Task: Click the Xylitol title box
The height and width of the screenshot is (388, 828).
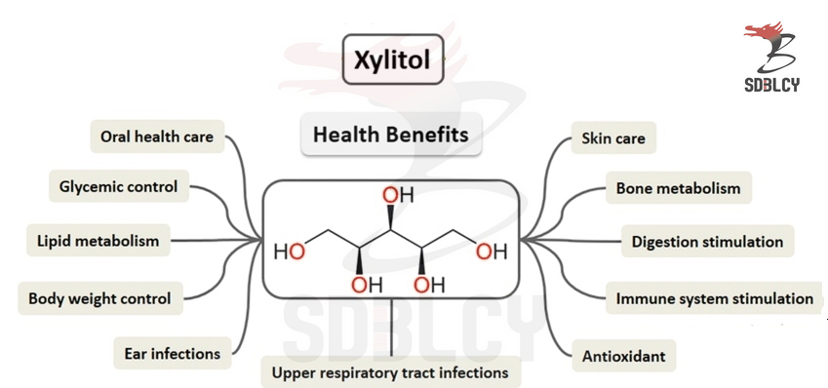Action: (392, 59)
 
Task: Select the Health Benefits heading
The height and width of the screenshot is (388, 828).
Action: (390, 134)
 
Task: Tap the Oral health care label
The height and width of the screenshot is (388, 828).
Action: (156, 136)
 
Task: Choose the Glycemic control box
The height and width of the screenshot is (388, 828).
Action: (118, 186)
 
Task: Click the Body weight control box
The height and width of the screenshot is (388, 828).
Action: (99, 298)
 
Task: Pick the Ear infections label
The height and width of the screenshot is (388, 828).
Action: (172, 353)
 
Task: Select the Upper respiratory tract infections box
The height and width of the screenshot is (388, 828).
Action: (390, 371)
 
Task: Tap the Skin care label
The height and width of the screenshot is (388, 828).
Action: (612, 138)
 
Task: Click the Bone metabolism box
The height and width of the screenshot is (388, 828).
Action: (678, 188)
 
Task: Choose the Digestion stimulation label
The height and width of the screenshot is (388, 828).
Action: (707, 241)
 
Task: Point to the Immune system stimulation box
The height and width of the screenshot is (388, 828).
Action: (714, 298)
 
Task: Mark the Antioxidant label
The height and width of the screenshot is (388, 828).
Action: (623, 356)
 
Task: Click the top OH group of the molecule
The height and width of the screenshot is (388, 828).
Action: (397, 195)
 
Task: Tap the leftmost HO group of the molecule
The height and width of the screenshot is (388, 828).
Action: (289, 252)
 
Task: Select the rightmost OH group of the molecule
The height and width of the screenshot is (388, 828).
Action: (492, 252)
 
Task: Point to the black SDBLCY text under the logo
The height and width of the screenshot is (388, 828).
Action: (770, 84)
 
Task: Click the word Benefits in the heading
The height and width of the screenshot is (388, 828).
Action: (429, 134)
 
